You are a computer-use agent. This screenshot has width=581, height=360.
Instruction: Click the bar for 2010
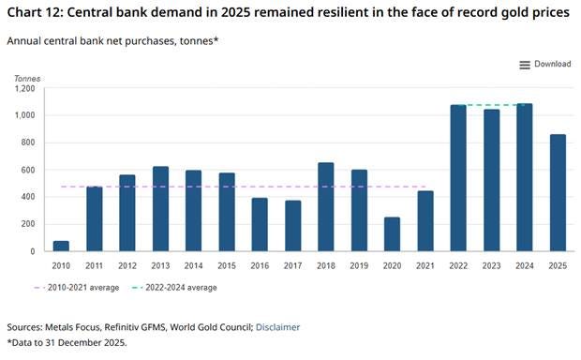click(61, 247)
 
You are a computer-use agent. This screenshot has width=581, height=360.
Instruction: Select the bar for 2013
click(160, 209)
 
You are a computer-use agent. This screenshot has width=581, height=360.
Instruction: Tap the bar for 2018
click(326, 207)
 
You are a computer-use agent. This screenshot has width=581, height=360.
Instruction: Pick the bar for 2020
click(392, 234)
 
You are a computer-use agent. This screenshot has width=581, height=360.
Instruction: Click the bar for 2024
click(525, 177)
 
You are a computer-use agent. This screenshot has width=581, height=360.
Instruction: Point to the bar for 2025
click(558, 193)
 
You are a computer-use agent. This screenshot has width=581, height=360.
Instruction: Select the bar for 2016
click(260, 225)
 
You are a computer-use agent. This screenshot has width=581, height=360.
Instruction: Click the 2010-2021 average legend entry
click(76, 288)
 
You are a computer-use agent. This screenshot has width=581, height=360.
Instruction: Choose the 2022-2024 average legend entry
click(174, 288)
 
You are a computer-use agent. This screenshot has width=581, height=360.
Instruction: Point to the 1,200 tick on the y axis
click(24, 89)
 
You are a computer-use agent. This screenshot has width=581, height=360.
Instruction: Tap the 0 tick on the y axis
click(33, 251)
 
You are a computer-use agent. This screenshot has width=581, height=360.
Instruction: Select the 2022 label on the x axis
click(458, 266)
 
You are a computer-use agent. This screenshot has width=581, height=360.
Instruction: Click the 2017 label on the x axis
click(292, 266)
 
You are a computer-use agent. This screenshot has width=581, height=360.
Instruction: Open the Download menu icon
click(525, 66)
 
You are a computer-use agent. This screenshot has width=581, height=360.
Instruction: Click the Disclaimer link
click(278, 327)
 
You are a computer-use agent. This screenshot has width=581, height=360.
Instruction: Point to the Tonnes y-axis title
click(27, 79)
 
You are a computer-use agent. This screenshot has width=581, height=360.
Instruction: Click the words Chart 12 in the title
click(35, 12)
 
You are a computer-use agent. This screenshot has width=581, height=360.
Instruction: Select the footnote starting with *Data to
click(67, 342)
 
